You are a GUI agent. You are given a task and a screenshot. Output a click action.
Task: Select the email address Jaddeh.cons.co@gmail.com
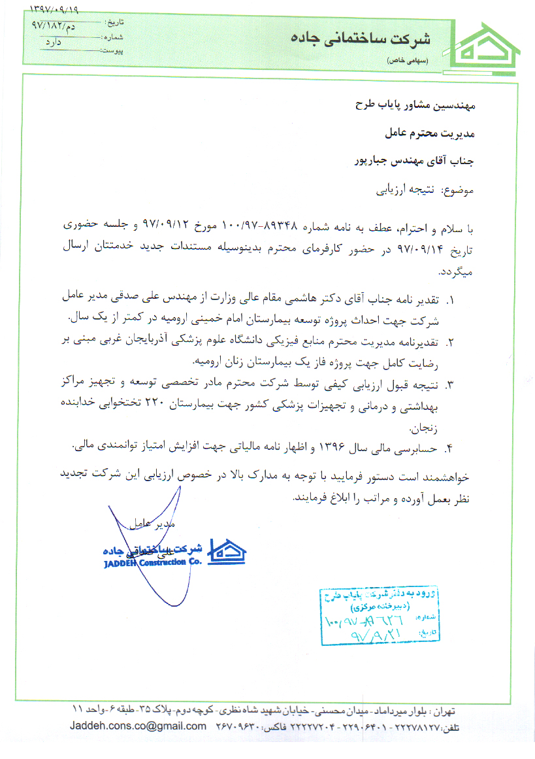coord(138,726)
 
